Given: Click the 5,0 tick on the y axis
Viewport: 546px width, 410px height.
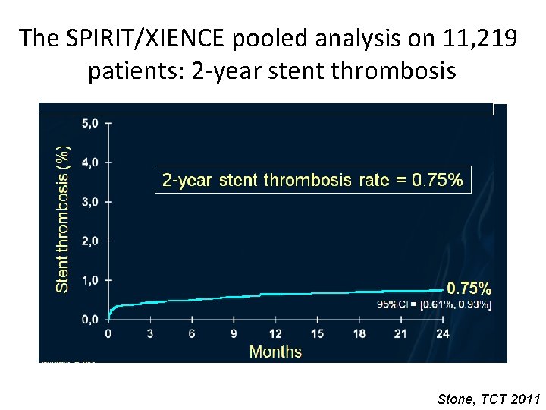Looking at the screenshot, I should pos(91,122).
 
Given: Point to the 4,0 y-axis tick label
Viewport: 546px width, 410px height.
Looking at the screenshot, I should pos(91,162).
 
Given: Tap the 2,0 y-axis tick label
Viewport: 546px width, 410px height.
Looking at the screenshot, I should pos(91,241).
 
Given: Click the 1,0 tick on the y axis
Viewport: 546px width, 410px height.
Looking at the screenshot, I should pos(91,280).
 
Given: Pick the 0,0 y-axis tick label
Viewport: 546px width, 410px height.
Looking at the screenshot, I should pos(91,320).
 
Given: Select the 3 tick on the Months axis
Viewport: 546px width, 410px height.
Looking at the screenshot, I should pos(150,333).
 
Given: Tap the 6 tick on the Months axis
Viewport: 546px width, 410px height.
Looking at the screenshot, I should pos(192,333).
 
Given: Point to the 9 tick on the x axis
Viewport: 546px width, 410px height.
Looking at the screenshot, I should pos(234,333).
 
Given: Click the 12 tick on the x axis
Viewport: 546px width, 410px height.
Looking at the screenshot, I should pos(275,333).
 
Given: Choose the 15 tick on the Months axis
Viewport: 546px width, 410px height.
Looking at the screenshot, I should pos(317,333).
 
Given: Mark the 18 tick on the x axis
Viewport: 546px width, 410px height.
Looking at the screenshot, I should pos(359,333).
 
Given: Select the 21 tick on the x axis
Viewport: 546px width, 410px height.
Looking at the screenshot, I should pos(400,333).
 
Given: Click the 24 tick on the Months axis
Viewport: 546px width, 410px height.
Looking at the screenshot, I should pos(442,333).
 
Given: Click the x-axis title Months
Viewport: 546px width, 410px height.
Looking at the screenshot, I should pos(275,352).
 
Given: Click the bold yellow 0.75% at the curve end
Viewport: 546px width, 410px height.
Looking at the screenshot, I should pos(468,289).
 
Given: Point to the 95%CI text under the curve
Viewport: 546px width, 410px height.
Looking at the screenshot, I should pos(434,305).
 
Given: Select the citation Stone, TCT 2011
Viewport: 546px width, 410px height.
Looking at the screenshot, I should pos(489,399).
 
